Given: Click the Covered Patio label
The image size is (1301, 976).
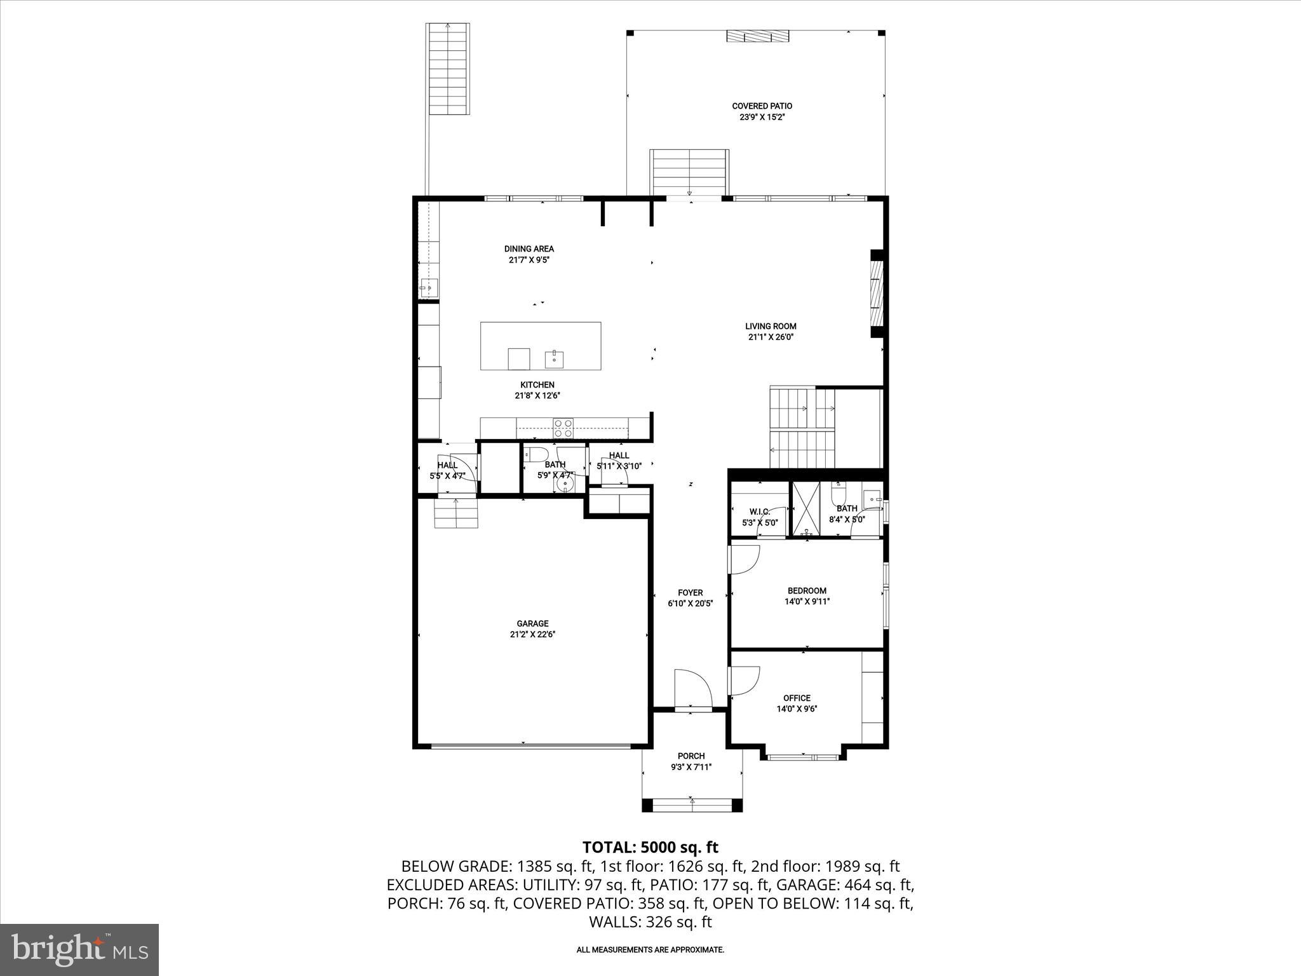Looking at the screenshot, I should click(762, 106).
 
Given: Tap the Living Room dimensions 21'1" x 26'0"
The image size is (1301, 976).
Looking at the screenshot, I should click(771, 337).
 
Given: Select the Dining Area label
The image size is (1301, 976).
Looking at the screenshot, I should click(529, 248).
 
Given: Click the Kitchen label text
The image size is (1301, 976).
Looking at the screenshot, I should click(537, 384).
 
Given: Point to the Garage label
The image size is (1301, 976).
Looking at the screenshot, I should click(532, 623).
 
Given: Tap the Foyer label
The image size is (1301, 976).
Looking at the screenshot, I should click(690, 593).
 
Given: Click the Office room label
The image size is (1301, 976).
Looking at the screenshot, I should click(797, 698).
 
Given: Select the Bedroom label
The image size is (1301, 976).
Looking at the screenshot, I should click(807, 590).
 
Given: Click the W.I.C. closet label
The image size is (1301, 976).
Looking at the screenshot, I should click(759, 512).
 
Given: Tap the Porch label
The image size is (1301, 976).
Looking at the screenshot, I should click(691, 756).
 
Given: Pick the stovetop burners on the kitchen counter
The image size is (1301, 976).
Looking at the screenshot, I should click(563, 427).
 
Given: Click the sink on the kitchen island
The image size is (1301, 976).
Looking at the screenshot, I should click(555, 358).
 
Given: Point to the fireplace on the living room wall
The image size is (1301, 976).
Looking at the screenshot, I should click(877, 294).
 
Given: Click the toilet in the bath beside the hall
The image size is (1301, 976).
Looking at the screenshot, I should click(537, 454).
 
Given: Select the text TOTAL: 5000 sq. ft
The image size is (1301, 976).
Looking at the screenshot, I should click(650, 847).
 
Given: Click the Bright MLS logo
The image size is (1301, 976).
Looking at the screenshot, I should click(79, 950).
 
